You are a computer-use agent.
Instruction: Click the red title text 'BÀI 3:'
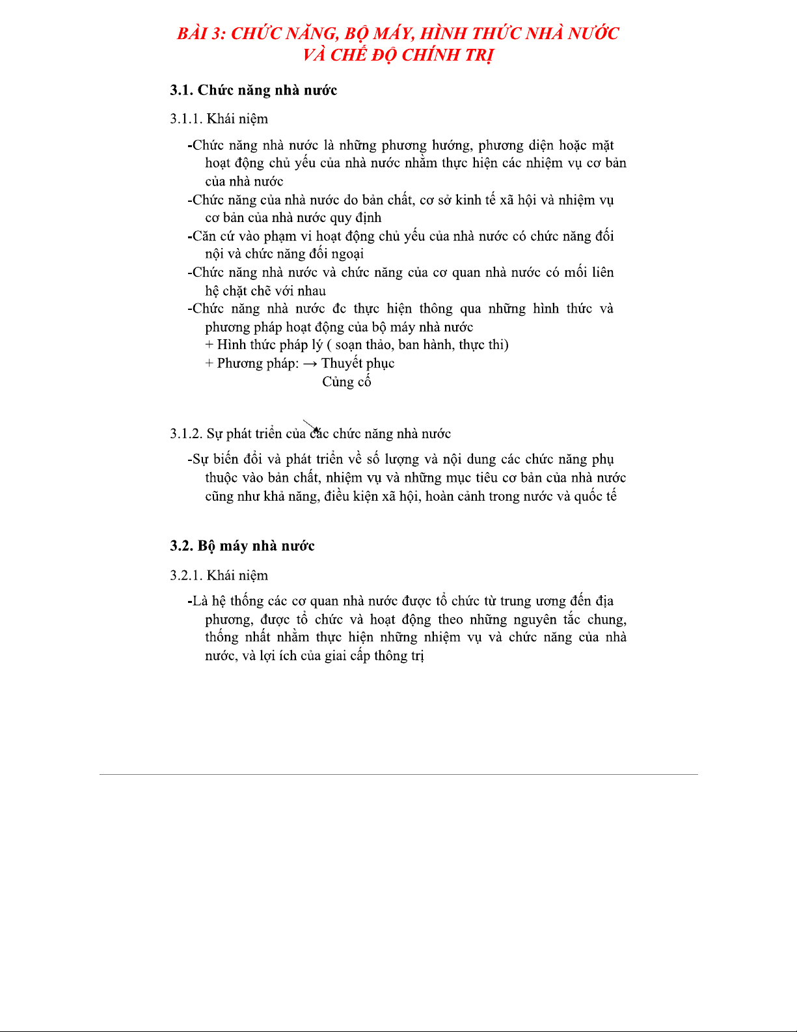coord(201,33)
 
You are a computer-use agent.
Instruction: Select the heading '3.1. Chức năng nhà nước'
coord(254,90)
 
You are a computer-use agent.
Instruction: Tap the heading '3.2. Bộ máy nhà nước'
coord(242,546)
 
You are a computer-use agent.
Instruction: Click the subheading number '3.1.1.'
coord(186,119)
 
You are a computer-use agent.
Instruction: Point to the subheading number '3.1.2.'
coord(186,434)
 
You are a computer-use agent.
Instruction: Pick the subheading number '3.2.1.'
coord(186,576)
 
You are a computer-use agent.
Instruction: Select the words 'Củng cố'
coord(346,382)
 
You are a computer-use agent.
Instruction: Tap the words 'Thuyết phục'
coord(358,363)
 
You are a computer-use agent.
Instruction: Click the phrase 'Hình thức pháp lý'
coord(269,345)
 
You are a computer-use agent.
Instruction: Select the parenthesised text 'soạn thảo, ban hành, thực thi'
coord(422,345)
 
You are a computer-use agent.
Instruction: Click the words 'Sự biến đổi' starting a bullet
coord(224,460)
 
